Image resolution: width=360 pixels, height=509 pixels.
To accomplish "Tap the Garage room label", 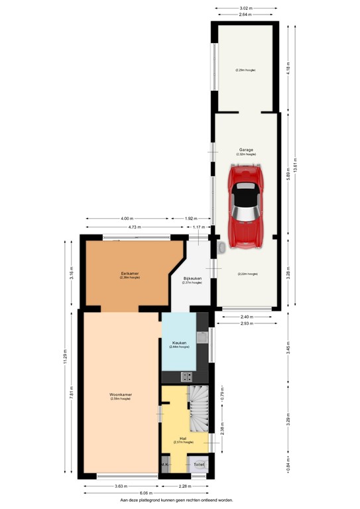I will [246, 150].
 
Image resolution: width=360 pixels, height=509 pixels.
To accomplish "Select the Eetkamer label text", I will [129, 273].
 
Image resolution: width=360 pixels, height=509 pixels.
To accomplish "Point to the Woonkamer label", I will [121, 395].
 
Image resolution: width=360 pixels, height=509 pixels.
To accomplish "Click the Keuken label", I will [178, 343].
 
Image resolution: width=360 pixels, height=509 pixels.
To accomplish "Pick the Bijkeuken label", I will [192, 279].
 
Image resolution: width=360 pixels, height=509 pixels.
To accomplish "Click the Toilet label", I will [199, 465].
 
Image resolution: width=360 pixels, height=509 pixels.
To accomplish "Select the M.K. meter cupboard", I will [164, 465].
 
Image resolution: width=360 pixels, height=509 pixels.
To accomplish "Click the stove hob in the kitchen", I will [187, 376].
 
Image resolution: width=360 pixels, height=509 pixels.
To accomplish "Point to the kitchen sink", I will [204, 337].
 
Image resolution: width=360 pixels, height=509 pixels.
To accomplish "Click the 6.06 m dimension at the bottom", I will [146, 494].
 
